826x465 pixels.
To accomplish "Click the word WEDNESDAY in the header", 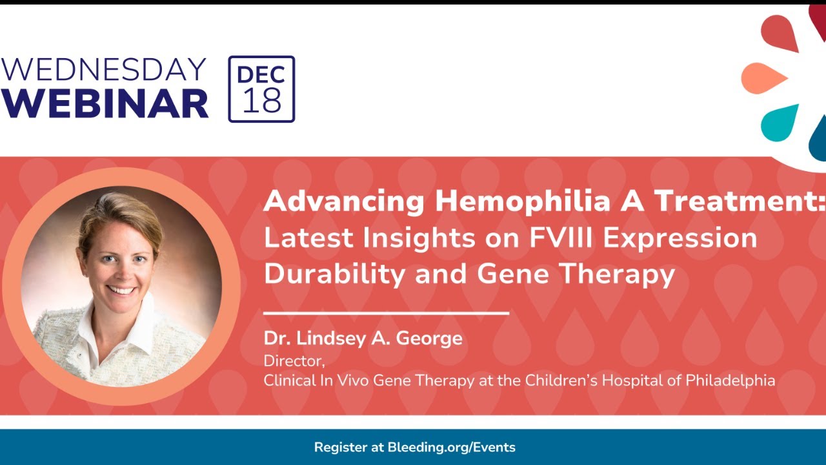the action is tap(103, 69).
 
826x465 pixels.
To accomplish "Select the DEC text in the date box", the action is tap(261, 74).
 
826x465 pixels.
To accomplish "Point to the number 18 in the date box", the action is tap(262, 100).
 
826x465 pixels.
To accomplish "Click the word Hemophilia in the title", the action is tap(523, 202).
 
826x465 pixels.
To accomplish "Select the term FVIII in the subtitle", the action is tap(561, 238).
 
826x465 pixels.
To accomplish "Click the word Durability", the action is tap(334, 275).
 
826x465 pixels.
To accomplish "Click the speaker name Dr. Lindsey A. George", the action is tap(363, 338).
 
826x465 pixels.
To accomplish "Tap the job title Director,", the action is tap(294, 361).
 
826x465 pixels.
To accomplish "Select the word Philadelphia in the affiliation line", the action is tap(730, 381).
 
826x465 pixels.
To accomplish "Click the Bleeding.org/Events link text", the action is tap(451, 448).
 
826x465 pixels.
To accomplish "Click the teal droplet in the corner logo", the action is tap(779, 123).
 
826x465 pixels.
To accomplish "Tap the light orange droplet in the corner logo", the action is tap(763, 78).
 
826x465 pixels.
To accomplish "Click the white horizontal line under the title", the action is tap(386, 313).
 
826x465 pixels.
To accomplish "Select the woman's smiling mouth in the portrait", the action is tap(121, 290).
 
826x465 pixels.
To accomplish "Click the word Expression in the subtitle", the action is tap(680, 239).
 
